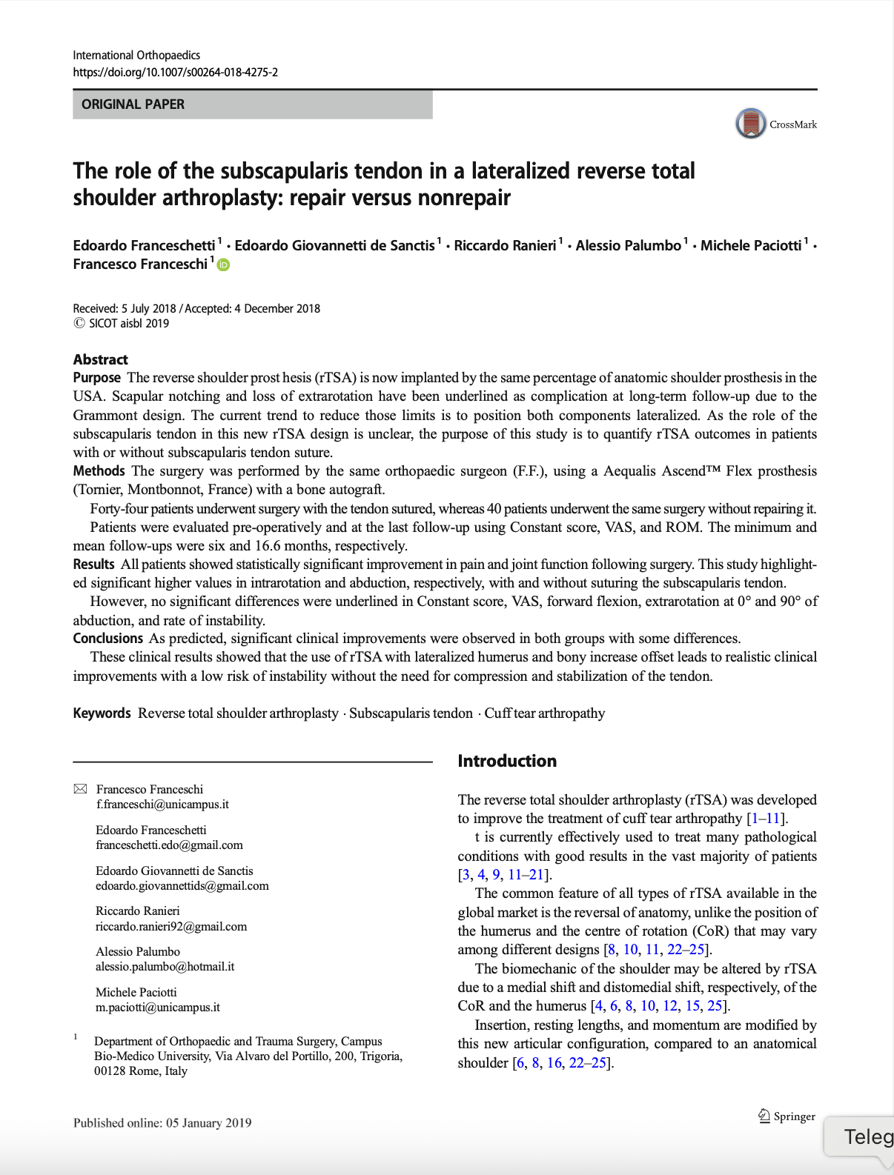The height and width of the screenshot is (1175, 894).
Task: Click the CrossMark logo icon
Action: (x=750, y=124)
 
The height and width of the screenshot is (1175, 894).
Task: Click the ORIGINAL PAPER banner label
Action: (x=133, y=104)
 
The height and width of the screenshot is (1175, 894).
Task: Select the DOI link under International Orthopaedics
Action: (x=175, y=73)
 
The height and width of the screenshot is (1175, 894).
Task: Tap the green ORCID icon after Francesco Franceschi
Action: (x=223, y=265)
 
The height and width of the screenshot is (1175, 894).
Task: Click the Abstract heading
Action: (x=100, y=359)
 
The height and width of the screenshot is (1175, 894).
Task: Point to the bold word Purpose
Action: (x=96, y=378)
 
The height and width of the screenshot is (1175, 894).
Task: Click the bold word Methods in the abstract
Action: (x=99, y=471)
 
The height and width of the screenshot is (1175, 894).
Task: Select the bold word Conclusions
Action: (x=107, y=639)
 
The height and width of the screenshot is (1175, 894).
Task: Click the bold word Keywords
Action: (x=102, y=713)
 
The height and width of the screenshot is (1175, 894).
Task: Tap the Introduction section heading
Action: (x=506, y=761)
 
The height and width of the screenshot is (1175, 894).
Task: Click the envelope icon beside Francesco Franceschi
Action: (x=80, y=789)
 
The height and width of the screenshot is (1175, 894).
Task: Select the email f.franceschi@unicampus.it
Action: (x=162, y=805)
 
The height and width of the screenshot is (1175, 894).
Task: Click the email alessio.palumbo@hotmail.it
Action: (x=165, y=967)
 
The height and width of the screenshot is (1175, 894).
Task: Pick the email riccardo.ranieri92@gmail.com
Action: (x=171, y=926)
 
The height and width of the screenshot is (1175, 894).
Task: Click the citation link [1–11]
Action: (x=766, y=819)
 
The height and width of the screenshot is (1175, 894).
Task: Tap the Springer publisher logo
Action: (x=786, y=1116)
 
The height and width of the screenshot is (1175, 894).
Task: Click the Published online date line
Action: (x=162, y=1123)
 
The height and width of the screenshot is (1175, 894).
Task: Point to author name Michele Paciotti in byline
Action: (x=750, y=245)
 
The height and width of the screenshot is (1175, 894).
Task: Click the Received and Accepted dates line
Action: (x=196, y=309)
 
